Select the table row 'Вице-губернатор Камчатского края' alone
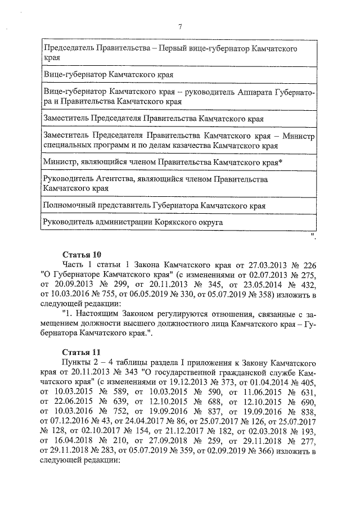tap(108, 74)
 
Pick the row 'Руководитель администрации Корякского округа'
tap(133, 222)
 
